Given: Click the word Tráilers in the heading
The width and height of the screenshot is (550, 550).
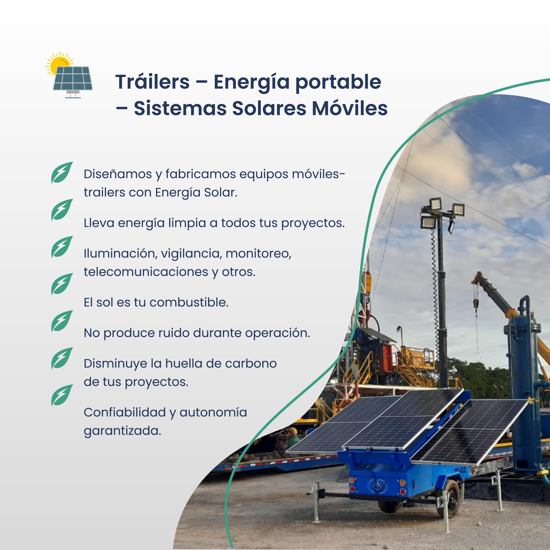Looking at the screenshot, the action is point(152,82).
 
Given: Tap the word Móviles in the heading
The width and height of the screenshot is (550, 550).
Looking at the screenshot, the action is point(350,108).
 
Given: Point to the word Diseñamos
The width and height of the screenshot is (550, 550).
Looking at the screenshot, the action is point(118,174).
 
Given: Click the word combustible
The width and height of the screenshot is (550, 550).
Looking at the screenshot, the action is point(189,302).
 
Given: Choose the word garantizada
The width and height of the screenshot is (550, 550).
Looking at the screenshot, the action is point(122,431).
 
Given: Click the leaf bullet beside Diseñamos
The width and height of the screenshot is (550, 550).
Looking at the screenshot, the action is point(62,173).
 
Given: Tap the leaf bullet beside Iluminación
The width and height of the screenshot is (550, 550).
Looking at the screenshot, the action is point(62,247).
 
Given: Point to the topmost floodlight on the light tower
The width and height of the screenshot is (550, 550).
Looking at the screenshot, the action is point(435,204).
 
